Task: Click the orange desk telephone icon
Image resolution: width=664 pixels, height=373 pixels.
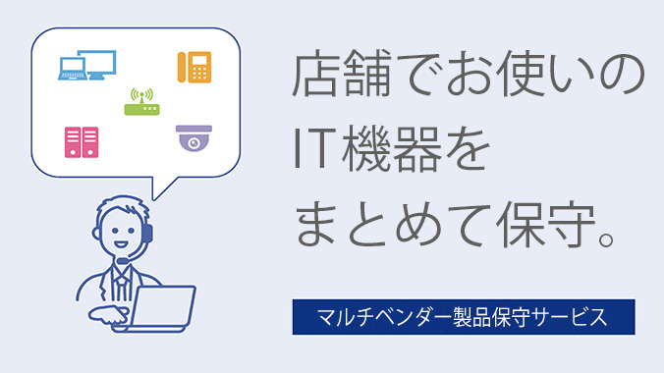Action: click(x=194, y=67)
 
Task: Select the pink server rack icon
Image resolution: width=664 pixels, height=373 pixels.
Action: click(x=82, y=141)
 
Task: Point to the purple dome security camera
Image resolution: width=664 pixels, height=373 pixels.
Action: click(x=193, y=138)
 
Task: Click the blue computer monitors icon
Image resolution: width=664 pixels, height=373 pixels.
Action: click(x=87, y=65)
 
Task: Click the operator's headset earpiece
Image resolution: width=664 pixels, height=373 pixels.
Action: click(x=146, y=234)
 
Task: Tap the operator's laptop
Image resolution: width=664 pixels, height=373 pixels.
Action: click(x=162, y=307)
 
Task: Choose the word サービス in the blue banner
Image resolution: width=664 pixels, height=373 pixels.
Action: click(x=573, y=317)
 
